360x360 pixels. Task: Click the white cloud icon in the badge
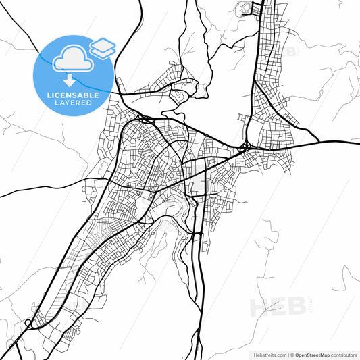click(73, 59)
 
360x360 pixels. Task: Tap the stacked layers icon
click(102, 47)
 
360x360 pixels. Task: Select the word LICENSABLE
click(73, 95)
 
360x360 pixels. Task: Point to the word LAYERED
click(73, 103)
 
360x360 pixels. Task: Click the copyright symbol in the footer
click(291, 354)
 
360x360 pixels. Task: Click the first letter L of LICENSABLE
click(49, 95)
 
